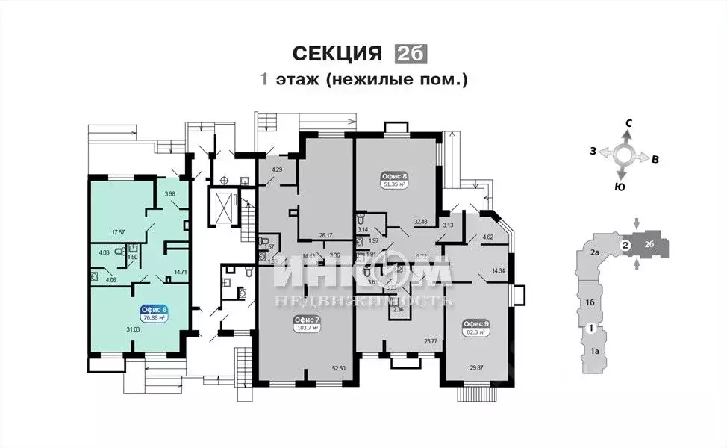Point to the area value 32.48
pos(419,221)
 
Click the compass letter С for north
pos(629,122)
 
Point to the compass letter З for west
pos(592,152)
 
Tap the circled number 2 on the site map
pos(626,245)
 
